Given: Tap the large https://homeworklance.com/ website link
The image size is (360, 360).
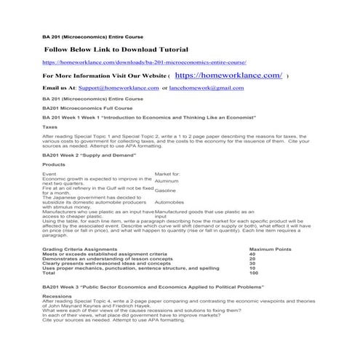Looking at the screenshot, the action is pyautogui.click(x=228, y=75).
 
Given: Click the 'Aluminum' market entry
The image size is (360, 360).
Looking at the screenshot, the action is pyautogui.click(x=167, y=181).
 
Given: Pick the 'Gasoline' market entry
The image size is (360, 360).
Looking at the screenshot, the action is pyautogui.click(x=166, y=191).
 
